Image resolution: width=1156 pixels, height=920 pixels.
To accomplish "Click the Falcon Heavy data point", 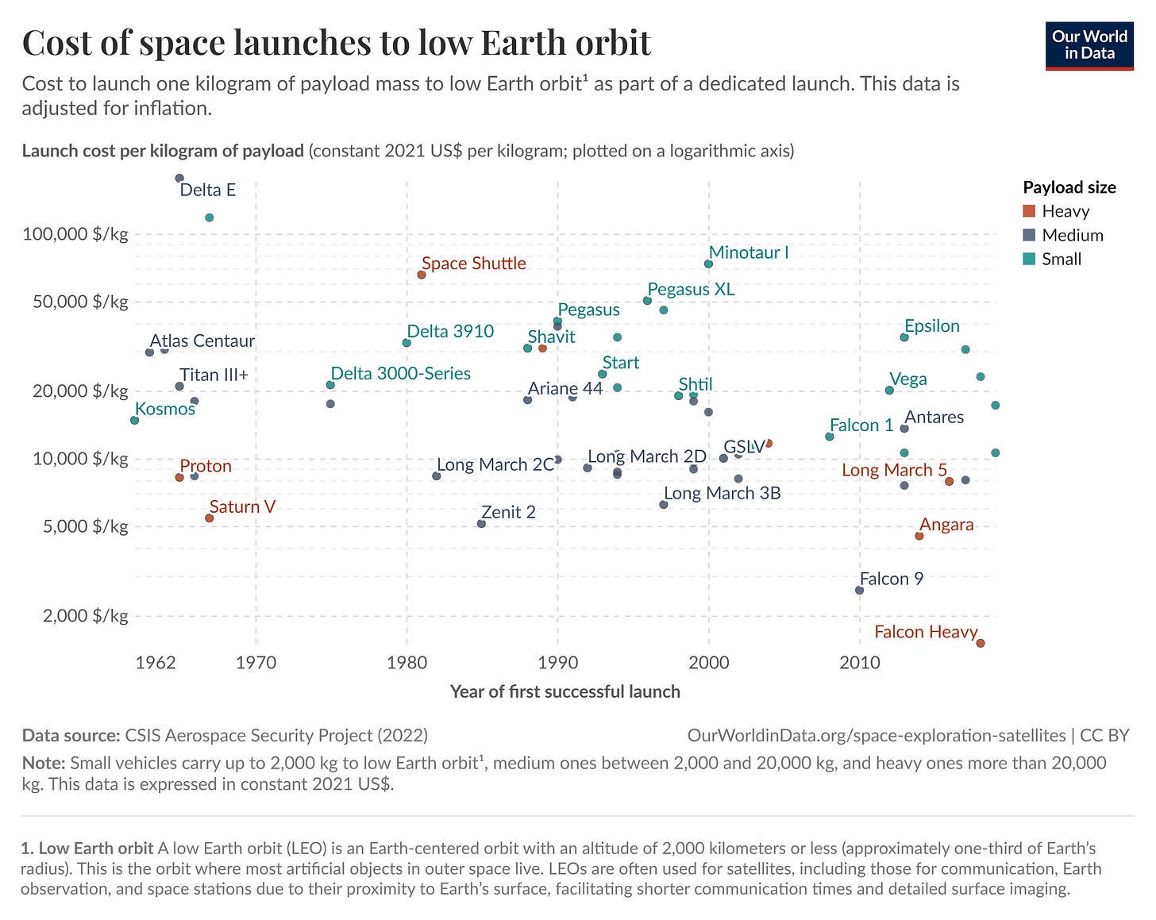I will tap(980, 643).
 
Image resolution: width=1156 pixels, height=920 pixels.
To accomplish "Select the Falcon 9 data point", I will tap(859, 590).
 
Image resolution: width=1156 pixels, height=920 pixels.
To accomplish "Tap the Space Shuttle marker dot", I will tap(422, 275).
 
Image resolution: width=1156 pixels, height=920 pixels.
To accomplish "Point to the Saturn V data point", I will tap(210, 518).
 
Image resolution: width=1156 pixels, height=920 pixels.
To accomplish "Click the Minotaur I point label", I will tap(749, 252).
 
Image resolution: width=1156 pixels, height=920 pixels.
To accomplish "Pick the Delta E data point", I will tap(179, 178).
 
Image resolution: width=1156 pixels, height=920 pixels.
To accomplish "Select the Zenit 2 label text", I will tap(508, 512).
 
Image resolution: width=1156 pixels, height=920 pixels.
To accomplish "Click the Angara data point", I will tap(919, 536).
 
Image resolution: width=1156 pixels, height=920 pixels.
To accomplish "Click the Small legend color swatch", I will tap(1030, 259).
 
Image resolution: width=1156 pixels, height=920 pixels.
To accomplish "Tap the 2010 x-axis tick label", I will tap(859, 662).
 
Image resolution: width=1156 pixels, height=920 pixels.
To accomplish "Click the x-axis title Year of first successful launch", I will tap(565, 691).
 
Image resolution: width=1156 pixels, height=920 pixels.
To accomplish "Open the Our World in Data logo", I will tap(1089, 45).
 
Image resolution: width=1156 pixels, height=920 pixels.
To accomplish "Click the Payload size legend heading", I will tap(1069, 187).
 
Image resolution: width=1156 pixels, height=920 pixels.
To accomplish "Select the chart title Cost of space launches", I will tap(337, 42).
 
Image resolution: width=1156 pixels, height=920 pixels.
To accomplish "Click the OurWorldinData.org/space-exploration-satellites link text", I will tap(876, 735).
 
